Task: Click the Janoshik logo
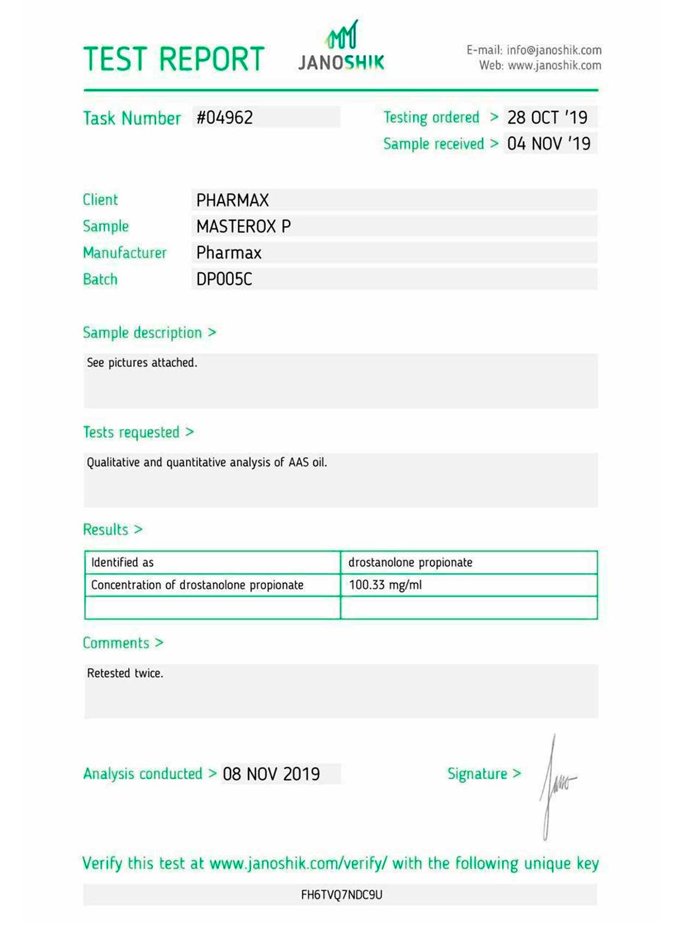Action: (x=341, y=48)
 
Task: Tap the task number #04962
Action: (x=225, y=117)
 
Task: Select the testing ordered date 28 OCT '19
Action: (x=547, y=117)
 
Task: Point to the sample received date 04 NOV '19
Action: (x=549, y=144)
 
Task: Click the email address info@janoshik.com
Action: (x=554, y=50)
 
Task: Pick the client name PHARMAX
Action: (x=232, y=200)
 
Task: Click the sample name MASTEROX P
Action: (x=243, y=226)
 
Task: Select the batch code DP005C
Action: (x=224, y=279)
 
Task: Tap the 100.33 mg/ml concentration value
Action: (x=385, y=585)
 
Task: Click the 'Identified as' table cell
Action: (x=122, y=563)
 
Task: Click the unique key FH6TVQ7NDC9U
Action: (x=341, y=895)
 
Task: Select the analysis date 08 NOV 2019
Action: (x=271, y=774)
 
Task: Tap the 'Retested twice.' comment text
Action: (x=125, y=673)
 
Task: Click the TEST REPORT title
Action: (x=174, y=59)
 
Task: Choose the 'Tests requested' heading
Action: (x=131, y=433)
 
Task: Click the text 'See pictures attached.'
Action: (x=142, y=363)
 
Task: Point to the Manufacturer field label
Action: (x=125, y=253)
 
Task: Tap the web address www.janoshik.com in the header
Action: (x=554, y=66)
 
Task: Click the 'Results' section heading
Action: (x=105, y=530)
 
